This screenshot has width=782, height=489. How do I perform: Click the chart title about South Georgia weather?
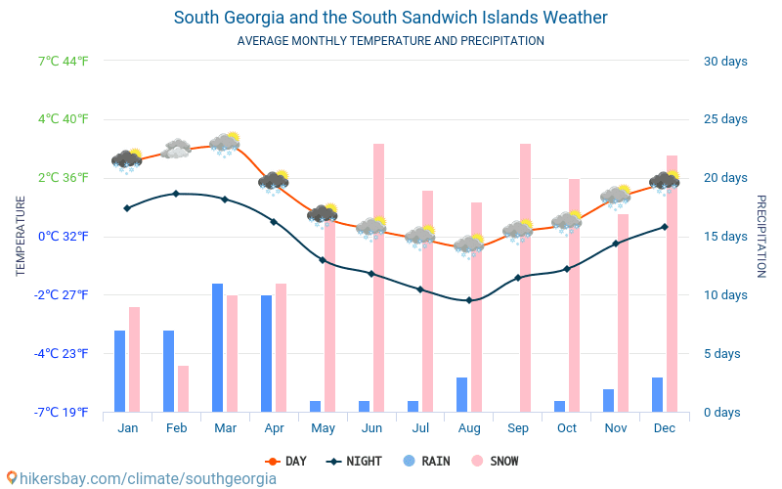point(390,18)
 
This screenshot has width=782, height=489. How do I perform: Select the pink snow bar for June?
point(378,278)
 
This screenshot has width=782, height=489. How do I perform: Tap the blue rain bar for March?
point(218,347)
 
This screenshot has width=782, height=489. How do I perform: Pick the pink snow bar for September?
point(525,278)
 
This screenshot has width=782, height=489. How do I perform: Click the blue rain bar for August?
point(461,394)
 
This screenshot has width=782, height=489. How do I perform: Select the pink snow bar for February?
point(183,388)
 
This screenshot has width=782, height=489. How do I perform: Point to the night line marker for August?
point(469,300)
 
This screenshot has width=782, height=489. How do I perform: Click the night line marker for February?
point(176,194)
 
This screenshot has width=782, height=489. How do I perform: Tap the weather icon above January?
point(126,159)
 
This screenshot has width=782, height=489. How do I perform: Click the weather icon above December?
point(665,181)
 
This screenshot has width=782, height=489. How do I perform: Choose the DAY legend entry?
point(286,461)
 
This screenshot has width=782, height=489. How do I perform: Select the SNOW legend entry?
point(495,461)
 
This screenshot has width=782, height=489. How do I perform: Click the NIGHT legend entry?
point(355,461)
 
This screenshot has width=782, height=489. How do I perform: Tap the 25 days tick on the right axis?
point(725,119)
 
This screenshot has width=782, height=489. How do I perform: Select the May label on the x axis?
point(323,428)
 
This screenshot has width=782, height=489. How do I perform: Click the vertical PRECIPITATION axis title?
point(760,236)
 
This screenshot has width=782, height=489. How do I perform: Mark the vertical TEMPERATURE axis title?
point(21,236)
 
